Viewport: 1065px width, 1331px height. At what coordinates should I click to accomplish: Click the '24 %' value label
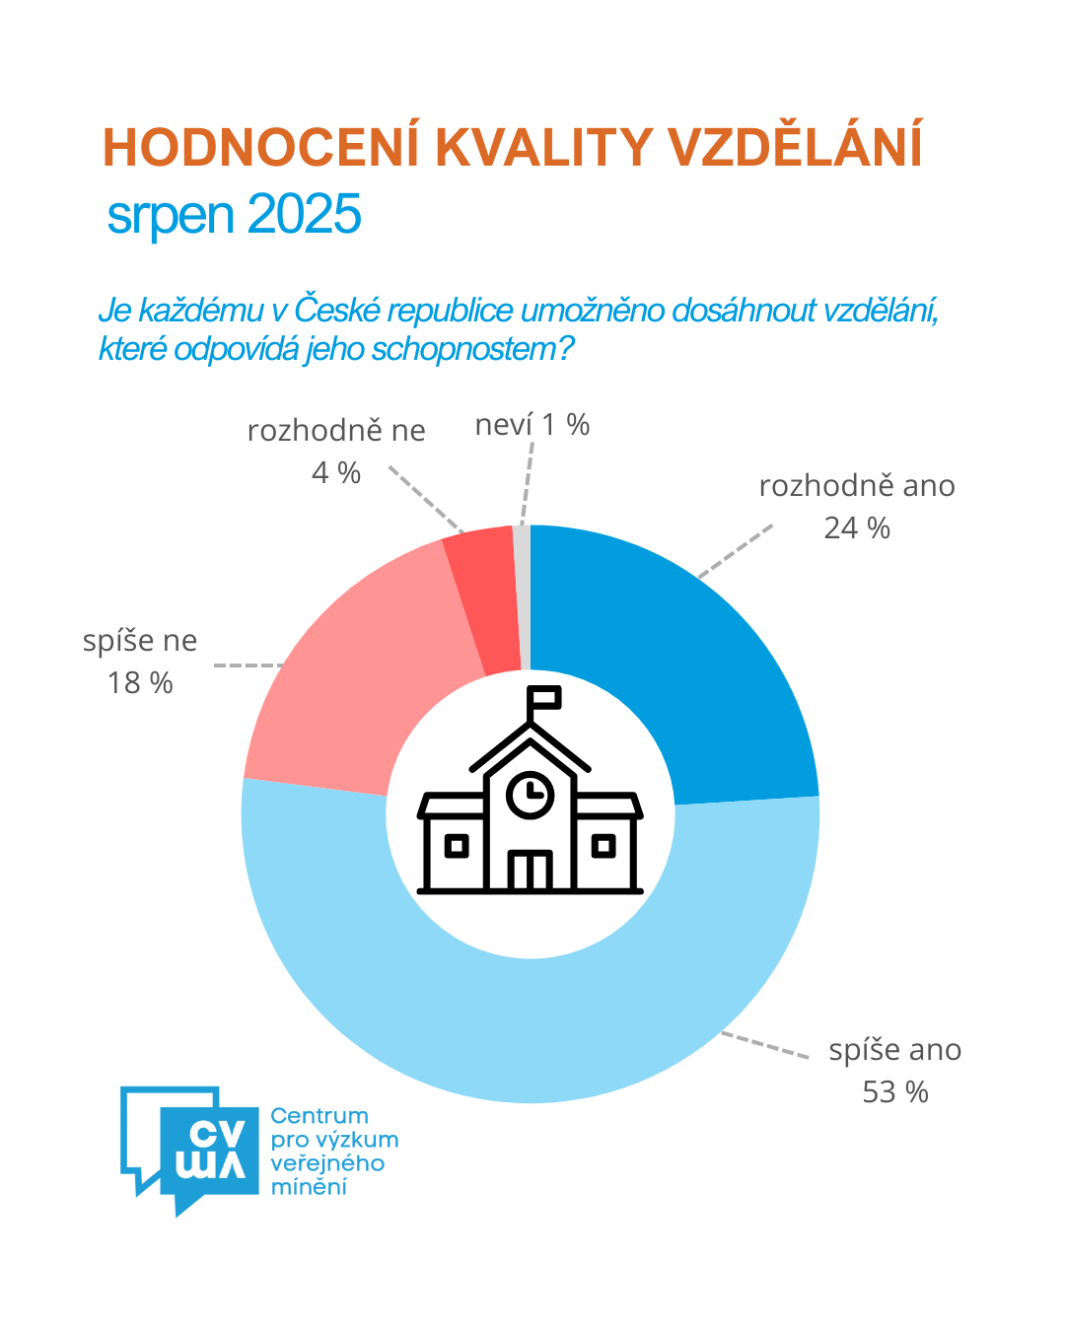click(x=857, y=528)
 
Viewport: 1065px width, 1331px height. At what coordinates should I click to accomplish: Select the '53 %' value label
click(x=895, y=1092)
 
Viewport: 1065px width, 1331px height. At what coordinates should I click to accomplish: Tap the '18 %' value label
click(x=140, y=683)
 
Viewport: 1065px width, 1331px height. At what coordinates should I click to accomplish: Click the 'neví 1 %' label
click(x=532, y=425)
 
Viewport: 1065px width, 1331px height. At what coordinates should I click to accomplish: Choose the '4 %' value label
click(x=336, y=473)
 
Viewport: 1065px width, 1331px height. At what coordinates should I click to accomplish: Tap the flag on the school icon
click(x=545, y=697)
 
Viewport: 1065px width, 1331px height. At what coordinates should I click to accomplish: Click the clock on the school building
click(x=531, y=793)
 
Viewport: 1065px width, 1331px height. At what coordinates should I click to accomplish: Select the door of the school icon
click(x=530, y=871)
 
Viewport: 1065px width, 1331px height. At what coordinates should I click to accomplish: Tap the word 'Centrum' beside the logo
click(x=319, y=1116)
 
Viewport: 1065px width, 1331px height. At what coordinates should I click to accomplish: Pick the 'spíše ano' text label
click(x=895, y=1050)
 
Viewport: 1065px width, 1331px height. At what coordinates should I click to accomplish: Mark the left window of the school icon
click(x=456, y=845)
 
